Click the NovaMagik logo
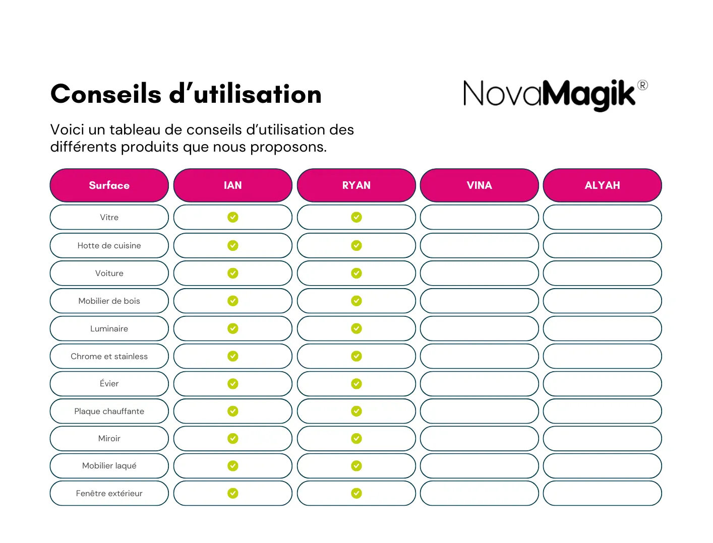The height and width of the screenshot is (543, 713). tap(550, 94)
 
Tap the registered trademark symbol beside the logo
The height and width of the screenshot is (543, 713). tap(642, 85)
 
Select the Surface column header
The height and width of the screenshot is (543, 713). tap(109, 185)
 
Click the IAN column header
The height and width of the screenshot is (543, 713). tap(233, 185)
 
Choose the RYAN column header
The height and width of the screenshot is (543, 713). tap(356, 185)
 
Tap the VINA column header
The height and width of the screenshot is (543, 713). tap(480, 185)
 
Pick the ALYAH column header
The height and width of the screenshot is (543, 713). tap(603, 185)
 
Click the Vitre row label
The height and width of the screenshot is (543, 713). tap(109, 218)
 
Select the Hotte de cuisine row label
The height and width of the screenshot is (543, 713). tap(109, 246)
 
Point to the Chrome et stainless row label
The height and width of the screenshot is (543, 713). tap(109, 357)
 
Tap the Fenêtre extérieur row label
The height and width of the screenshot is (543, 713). tap(109, 494)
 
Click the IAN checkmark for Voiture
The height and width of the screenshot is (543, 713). tap(233, 273)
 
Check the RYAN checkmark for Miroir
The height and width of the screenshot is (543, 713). tap(356, 438)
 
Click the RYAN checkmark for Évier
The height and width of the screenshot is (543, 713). tap(356, 384)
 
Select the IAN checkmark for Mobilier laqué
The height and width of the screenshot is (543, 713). tap(233, 466)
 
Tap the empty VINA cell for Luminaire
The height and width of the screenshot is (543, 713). tap(480, 329)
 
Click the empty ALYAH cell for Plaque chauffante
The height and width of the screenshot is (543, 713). tap(603, 412)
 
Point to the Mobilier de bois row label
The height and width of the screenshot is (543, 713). tap(109, 301)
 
